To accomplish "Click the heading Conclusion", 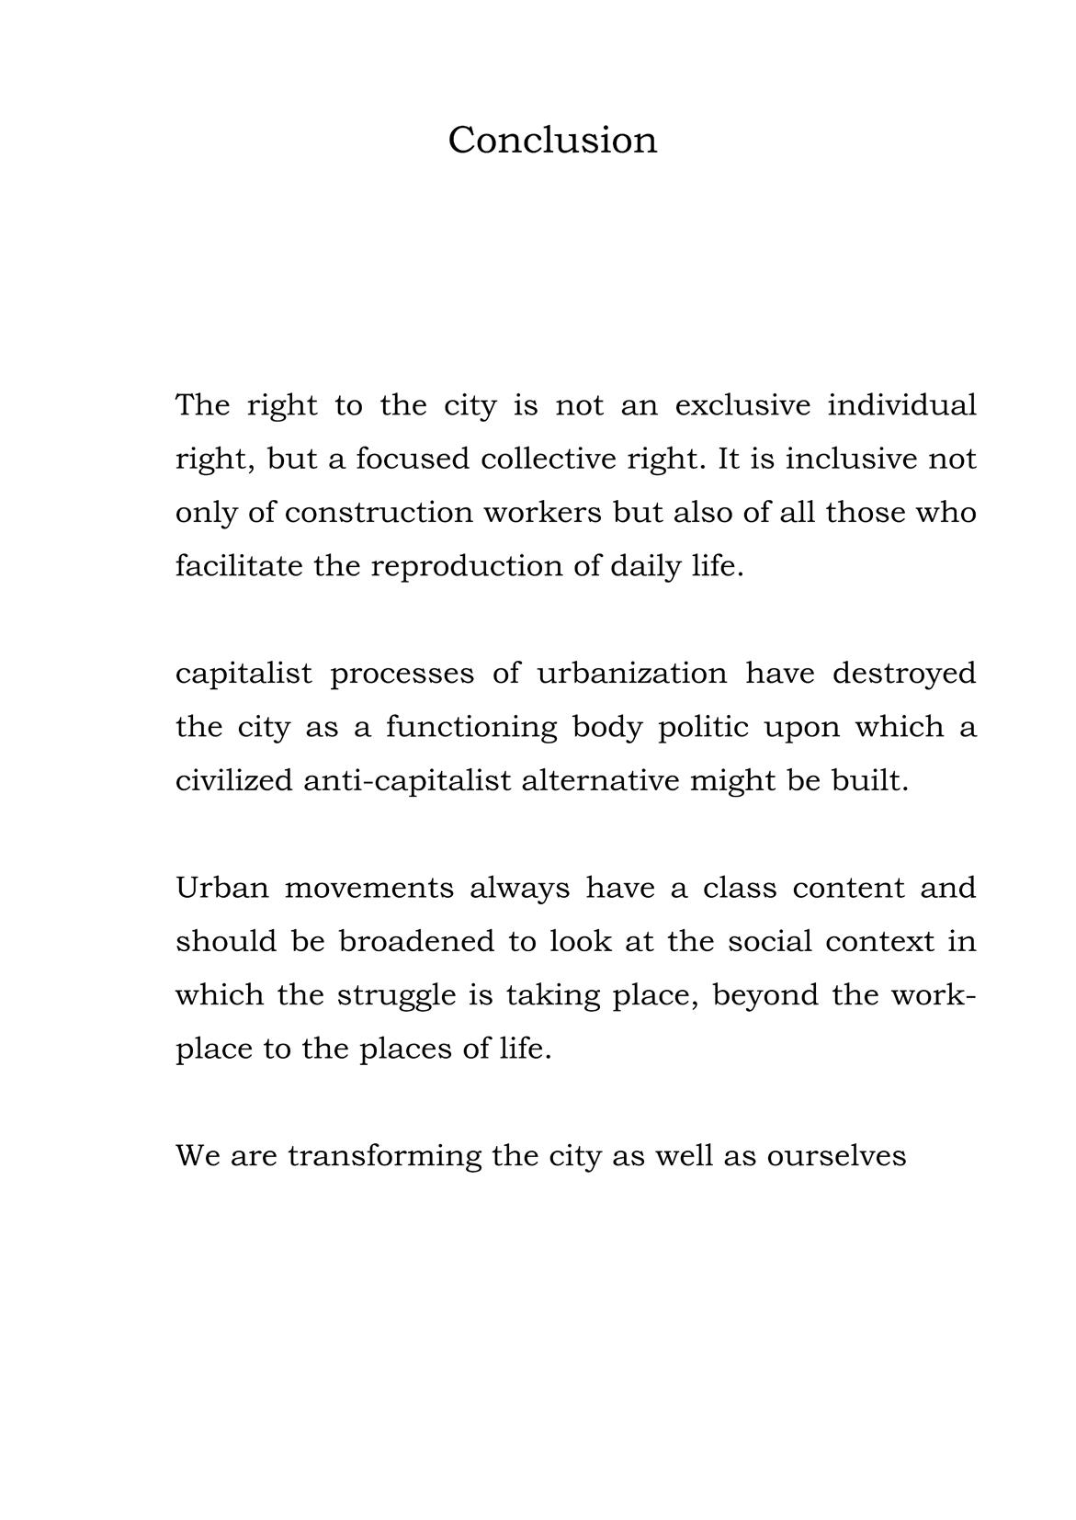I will pos(552,141).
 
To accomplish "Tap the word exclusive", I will pos(742,405).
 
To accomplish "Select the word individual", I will pos(901,405).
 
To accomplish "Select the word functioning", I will pos(471,727).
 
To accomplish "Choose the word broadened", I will pos(416,941).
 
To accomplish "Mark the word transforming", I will pos(384,1156).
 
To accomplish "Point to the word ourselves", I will pos(836,1155).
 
